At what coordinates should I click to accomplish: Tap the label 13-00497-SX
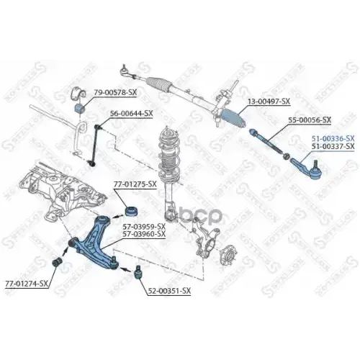point(268,101)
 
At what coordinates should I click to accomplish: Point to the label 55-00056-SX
point(309,120)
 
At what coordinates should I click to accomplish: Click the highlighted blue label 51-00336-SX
point(332,137)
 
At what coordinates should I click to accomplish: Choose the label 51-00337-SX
point(332,145)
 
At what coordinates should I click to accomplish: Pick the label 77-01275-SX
point(134,185)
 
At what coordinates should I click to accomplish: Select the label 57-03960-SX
point(140,235)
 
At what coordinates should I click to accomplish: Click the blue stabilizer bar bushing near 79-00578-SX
point(81,107)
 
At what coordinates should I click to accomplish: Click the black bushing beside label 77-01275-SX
point(131,212)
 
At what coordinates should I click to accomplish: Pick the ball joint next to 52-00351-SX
point(136,271)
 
